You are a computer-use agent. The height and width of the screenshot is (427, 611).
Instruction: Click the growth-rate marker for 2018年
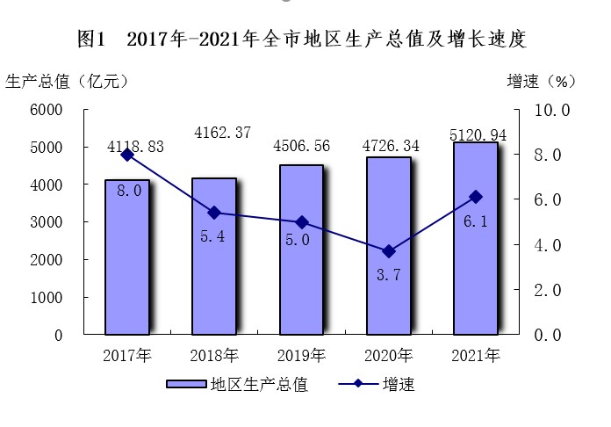pyautogui.click(x=214, y=213)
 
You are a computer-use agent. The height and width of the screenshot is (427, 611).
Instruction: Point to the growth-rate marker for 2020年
pyautogui.click(x=388, y=251)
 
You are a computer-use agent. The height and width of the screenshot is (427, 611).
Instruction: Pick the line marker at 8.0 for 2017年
pyautogui.click(x=127, y=155)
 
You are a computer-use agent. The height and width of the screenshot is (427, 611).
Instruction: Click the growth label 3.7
pyautogui.click(x=388, y=275)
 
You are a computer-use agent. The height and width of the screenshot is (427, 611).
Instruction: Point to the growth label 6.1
pyautogui.click(x=475, y=221)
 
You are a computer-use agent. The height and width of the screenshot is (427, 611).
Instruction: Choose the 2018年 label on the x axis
pyautogui.click(x=214, y=356)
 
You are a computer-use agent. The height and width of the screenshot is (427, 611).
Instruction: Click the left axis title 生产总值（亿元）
pyautogui.click(x=68, y=81)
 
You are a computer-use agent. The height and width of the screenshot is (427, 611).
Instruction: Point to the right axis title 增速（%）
pyautogui.click(x=541, y=81)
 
